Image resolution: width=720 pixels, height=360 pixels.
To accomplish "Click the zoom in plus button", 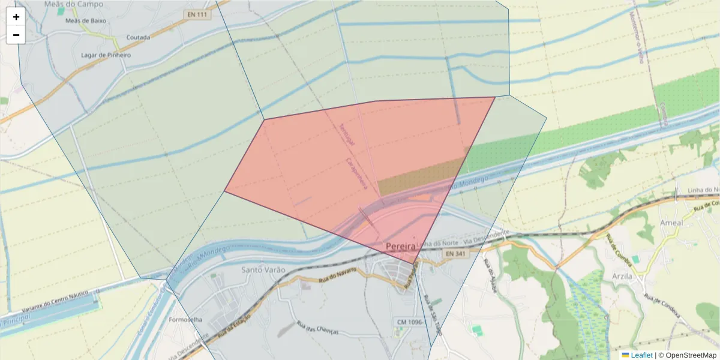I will pos(16,17).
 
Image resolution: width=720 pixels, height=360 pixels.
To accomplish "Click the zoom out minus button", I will pos(16,35).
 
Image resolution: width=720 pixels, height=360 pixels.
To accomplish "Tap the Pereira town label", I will pos(401,246).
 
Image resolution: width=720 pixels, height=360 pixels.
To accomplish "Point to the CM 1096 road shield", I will pos(411,322).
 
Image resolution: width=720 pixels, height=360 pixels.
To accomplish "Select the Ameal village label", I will pos(671,223).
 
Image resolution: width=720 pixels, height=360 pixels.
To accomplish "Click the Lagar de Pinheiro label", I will pos(106,55).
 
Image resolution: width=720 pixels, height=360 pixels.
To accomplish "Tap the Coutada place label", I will pos(138,37).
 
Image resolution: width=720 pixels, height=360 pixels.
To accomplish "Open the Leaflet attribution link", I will pos(641,355).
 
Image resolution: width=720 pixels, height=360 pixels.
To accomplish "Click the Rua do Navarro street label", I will pos(337,275).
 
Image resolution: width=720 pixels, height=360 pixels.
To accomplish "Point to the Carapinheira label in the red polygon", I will pos(356,174).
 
